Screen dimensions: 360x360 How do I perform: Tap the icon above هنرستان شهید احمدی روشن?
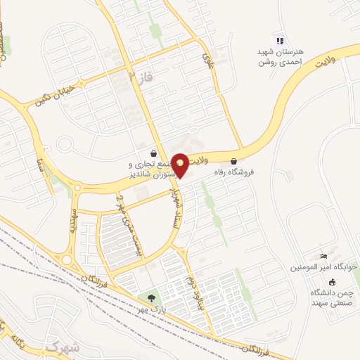click(279, 41)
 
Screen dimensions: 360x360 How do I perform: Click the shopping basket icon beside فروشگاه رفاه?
click(234, 160)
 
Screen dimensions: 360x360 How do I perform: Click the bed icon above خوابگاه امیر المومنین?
click(323, 255)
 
